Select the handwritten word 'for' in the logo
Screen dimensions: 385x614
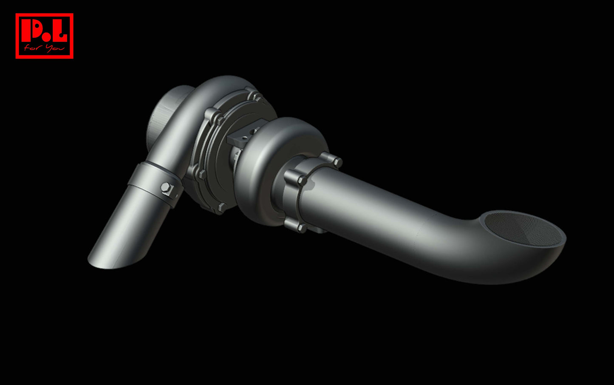(x=32, y=48)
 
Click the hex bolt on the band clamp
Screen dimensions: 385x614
(x=166, y=188)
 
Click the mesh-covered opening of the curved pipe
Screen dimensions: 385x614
(x=523, y=229)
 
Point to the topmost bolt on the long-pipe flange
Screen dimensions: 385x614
(x=337, y=161)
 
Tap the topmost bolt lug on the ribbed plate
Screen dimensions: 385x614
(x=255, y=96)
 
